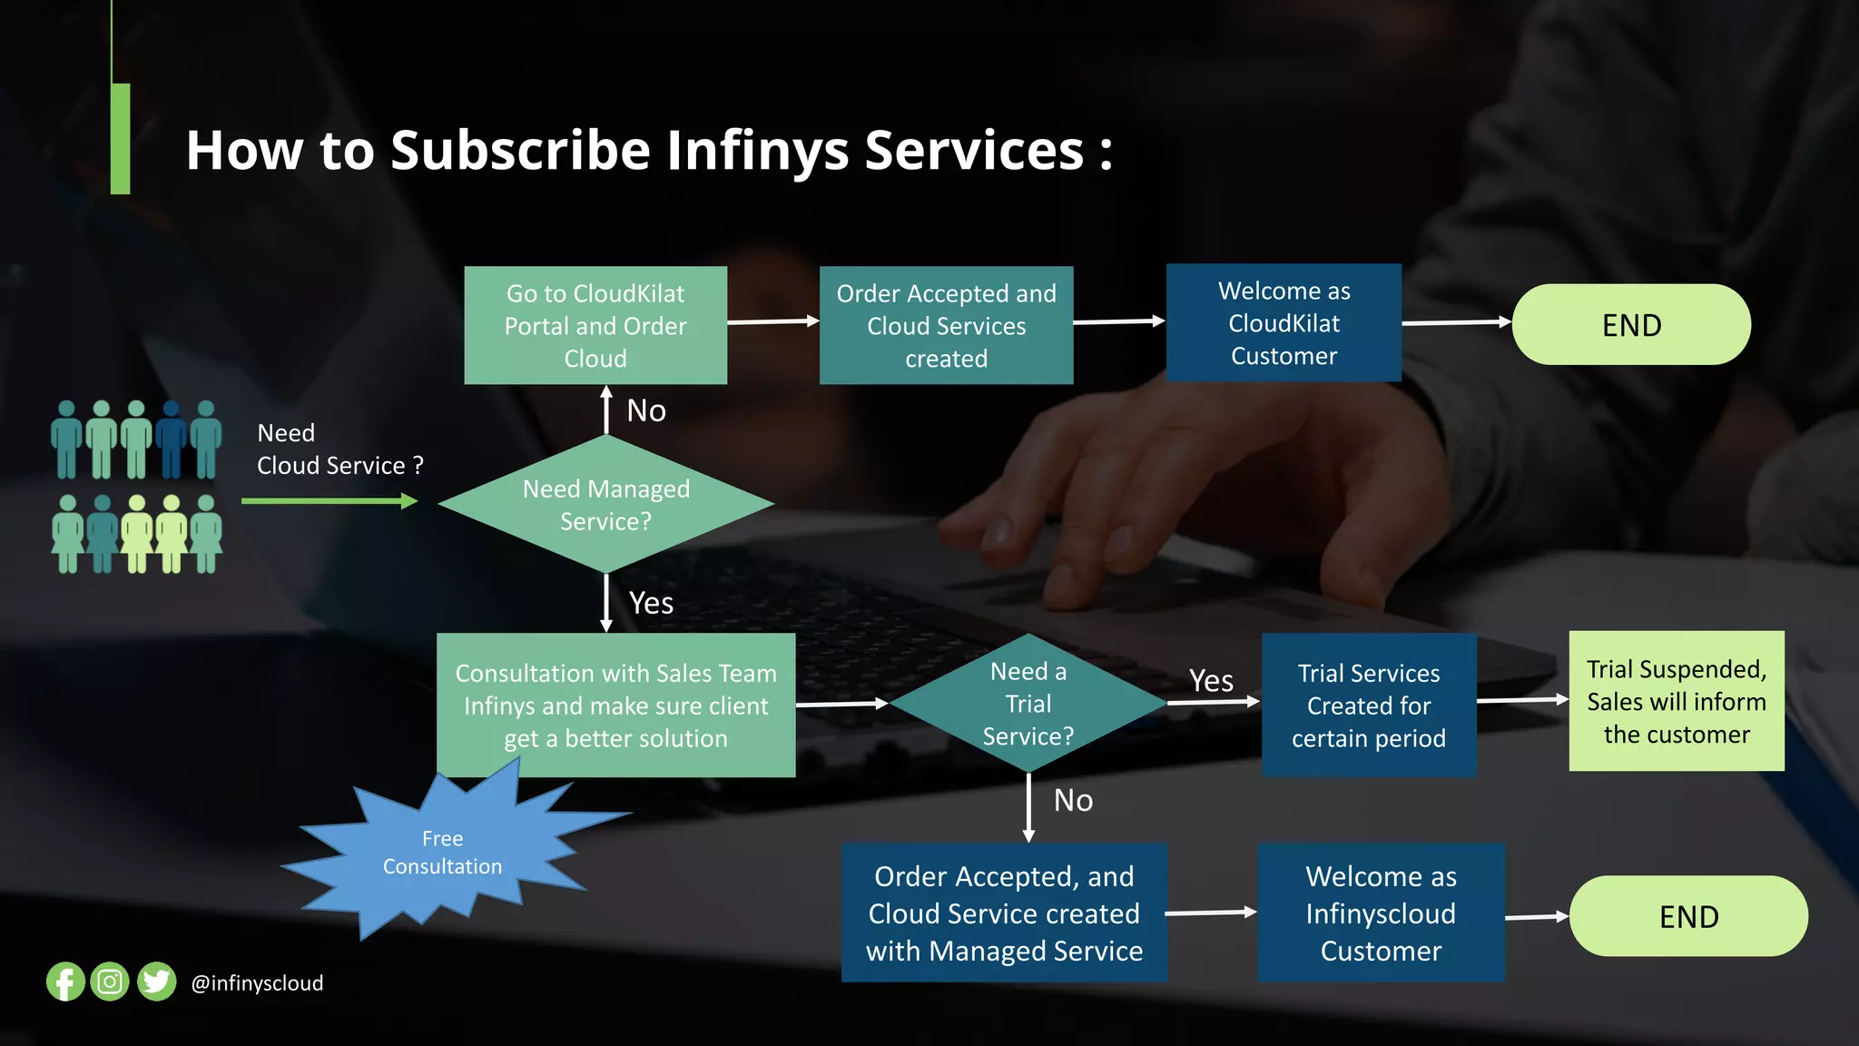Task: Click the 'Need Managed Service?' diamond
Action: pos(605,505)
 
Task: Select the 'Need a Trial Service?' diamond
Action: pos(1028,704)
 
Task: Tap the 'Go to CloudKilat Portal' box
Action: pos(595,325)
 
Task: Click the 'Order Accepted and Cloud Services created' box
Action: pos(946,325)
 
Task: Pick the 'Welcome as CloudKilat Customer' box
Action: pos(1284,323)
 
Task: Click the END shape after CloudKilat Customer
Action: pos(1631,325)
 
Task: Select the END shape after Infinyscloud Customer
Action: pos(1688,916)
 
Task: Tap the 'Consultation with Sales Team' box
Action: pos(615,706)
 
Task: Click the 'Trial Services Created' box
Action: pos(1368,706)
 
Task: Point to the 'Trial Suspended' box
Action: pos(1676,701)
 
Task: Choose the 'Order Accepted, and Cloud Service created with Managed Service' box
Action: pos(1004,913)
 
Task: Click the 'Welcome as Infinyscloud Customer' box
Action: pos(1381,913)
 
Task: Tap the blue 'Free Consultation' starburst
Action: pos(442,852)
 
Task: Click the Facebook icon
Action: pos(65,982)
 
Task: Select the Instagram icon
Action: pos(110,982)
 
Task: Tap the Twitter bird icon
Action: pos(156,982)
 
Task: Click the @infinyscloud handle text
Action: pos(257,983)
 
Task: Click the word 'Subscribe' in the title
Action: pos(520,150)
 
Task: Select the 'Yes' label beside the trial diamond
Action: pos(1211,680)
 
